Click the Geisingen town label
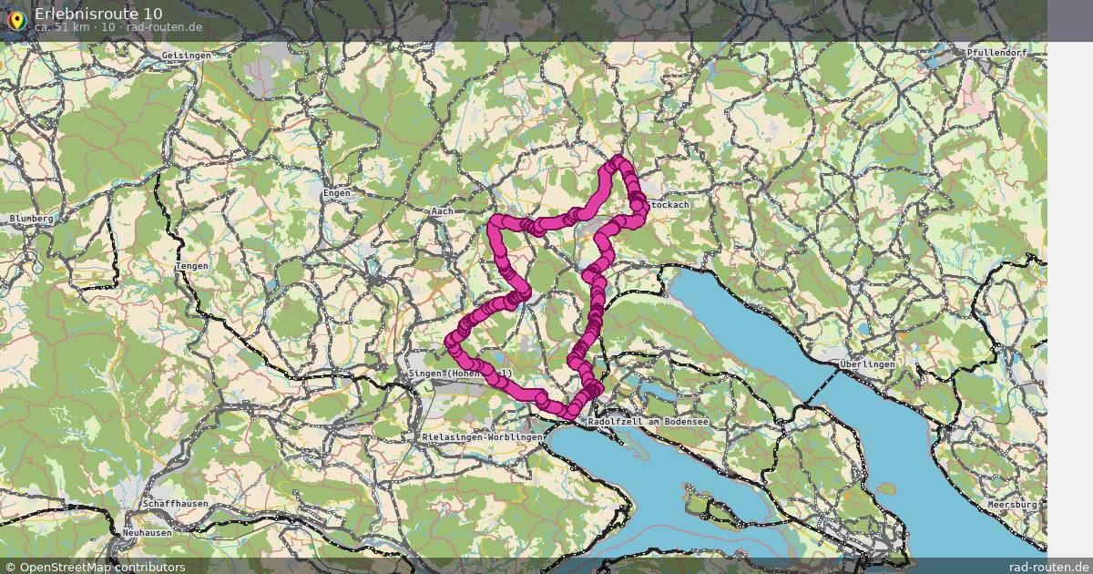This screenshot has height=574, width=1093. pos(186,56)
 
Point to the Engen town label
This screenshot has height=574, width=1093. pos(336,193)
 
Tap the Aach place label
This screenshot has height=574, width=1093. pos(442,211)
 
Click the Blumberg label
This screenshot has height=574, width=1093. pos(32,219)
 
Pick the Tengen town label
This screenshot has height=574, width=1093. pos(192,266)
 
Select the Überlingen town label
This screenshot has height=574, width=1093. pos(868,364)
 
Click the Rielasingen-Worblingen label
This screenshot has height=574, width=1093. pos(483,437)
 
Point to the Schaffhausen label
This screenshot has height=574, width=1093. pos(175,504)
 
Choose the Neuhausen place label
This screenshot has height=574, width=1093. pos(147,532)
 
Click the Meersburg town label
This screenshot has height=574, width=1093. pos(1012,504)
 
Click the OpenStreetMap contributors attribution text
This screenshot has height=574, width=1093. pos(94,567)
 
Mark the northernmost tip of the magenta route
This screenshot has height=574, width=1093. pos(620,161)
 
